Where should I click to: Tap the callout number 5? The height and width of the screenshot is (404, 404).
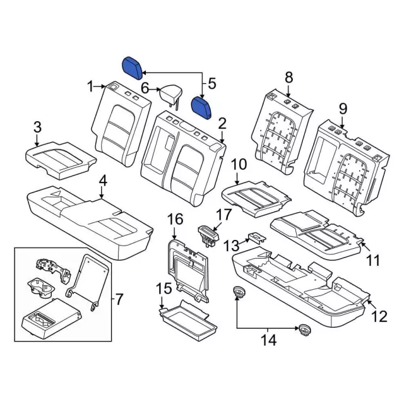211,83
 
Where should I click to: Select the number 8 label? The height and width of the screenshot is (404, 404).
288,77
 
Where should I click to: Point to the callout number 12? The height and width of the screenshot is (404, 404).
378,318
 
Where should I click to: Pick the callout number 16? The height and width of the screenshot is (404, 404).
175,219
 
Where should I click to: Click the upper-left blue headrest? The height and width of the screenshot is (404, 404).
133,66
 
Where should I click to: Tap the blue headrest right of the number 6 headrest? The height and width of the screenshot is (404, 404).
203,105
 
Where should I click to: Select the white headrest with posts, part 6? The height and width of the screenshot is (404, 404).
170,95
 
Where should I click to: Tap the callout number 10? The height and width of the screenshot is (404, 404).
239,165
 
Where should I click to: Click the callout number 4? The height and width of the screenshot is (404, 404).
103,181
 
